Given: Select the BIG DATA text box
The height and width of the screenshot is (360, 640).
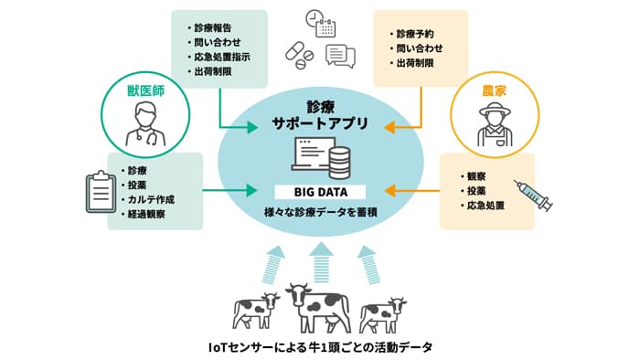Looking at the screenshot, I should pyautogui.click(x=321, y=192).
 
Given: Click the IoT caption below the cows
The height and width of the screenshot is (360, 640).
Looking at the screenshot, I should pyautogui.click(x=319, y=348).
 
